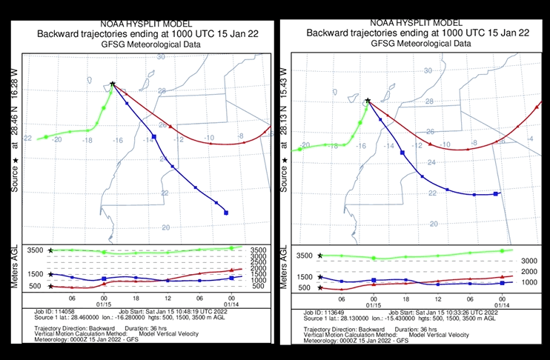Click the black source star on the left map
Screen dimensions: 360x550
[x=112, y=84]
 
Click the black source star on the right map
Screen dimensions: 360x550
[x=368, y=100]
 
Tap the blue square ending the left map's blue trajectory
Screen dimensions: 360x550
[x=225, y=213]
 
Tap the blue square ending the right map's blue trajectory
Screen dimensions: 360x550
[x=496, y=194]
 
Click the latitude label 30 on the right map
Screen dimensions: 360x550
[x=427, y=71]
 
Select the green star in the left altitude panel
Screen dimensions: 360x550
[x=50, y=250]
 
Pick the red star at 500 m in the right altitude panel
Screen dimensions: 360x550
[x=319, y=287]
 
